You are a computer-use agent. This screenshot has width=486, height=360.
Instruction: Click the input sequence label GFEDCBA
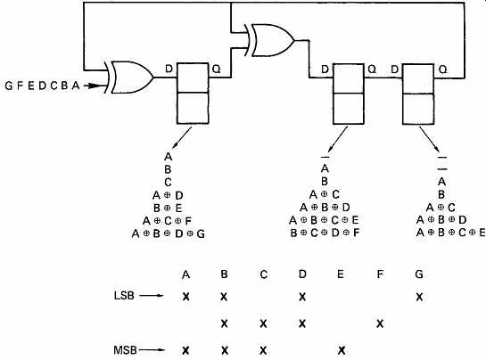(43, 86)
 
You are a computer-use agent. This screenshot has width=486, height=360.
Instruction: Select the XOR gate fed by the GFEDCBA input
(129, 78)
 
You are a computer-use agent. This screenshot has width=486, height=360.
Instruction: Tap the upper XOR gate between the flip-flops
(269, 40)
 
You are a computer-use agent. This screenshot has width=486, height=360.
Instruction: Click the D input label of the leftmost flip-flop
(169, 69)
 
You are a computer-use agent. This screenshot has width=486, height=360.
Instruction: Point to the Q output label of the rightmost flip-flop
(443, 70)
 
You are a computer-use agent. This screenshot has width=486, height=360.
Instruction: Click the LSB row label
(124, 296)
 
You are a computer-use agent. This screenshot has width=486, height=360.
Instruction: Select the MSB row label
(125, 350)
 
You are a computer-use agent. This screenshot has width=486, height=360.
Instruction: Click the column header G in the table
(419, 274)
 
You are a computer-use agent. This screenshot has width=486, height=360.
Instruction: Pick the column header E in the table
(341, 274)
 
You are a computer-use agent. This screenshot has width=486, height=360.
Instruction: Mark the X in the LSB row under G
(419, 297)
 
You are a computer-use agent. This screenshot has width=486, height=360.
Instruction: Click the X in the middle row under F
(380, 323)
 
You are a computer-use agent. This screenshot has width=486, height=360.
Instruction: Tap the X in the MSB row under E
(342, 350)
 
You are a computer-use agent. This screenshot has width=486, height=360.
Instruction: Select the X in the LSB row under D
(302, 297)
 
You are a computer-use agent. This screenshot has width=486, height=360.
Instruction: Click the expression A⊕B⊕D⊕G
(169, 233)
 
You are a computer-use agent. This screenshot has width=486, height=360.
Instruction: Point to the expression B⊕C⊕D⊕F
(325, 233)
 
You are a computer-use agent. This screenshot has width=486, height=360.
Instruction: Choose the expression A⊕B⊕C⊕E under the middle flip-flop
(324, 220)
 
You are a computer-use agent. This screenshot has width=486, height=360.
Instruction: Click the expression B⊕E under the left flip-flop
(168, 208)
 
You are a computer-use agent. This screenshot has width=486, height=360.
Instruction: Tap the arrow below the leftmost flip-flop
(182, 138)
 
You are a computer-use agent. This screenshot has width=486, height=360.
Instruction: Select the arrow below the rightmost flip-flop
(430, 139)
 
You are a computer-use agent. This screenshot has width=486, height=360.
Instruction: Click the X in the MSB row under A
(185, 350)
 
